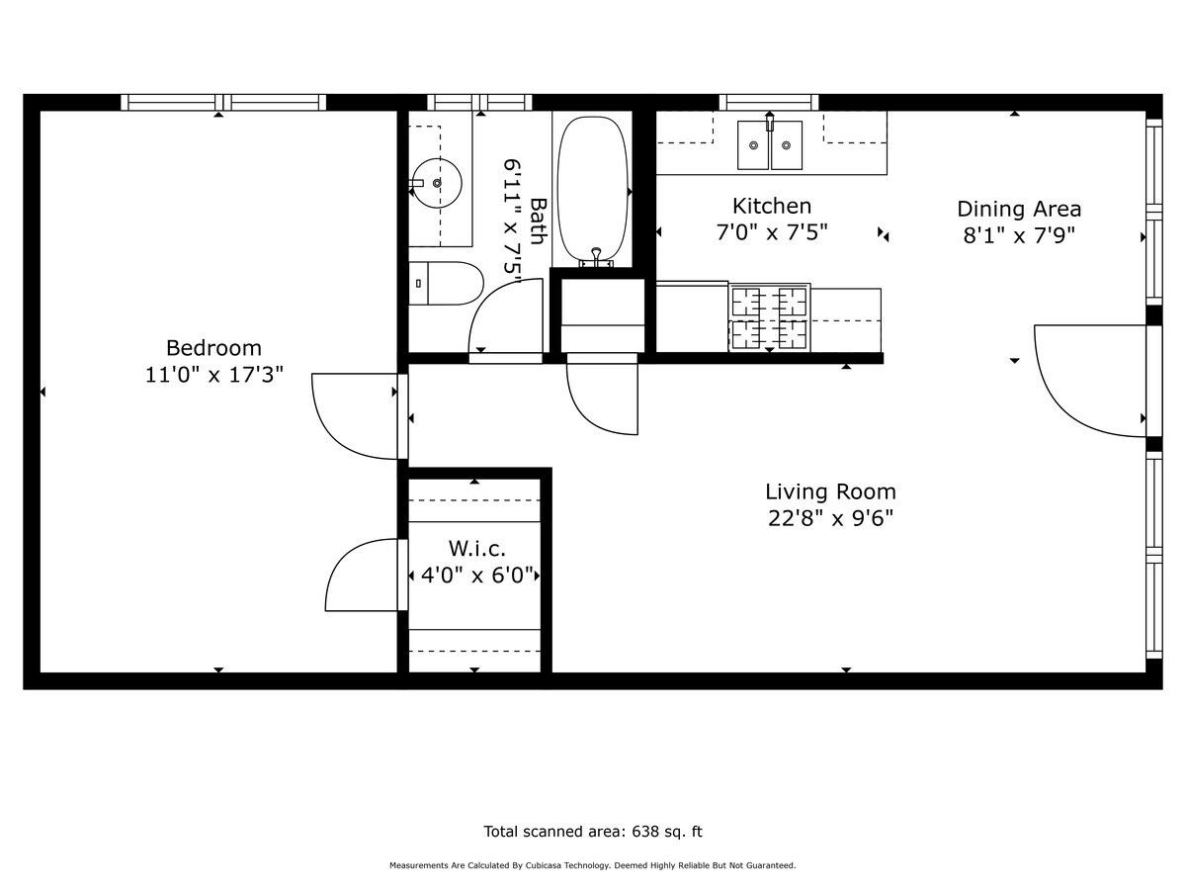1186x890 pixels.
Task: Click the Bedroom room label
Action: tap(213, 348)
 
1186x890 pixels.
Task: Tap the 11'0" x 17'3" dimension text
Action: tap(213, 375)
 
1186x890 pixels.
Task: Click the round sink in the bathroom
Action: tap(437, 183)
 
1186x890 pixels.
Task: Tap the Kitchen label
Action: tap(772, 206)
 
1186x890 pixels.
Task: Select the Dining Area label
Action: tap(1019, 209)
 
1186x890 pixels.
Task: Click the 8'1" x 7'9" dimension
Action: tap(1019, 235)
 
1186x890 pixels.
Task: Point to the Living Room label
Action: tap(830, 491)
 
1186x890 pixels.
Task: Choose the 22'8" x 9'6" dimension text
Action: tap(830, 518)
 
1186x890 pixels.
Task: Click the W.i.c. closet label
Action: tap(477, 548)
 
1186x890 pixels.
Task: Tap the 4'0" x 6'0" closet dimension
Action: tap(477, 575)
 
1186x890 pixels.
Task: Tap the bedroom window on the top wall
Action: tap(223, 102)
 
